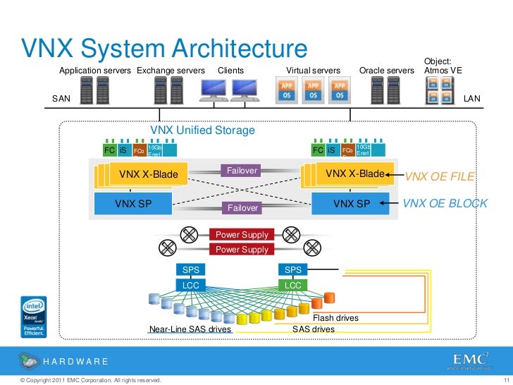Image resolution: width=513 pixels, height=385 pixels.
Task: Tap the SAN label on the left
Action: (61, 99)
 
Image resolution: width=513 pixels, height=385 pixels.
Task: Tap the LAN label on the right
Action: (471, 99)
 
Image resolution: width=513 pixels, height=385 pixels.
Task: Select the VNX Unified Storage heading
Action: (202, 130)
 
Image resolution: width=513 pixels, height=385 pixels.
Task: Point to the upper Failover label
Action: (241, 171)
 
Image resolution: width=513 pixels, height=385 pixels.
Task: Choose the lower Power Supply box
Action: (242, 250)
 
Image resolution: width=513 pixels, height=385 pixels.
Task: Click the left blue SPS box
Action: (192, 270)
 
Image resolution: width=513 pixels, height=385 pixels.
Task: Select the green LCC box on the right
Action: (292, 285)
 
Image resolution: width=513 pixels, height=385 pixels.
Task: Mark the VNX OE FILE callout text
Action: (440, 176)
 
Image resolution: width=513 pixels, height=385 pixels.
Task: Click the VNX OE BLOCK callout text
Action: (445, 203)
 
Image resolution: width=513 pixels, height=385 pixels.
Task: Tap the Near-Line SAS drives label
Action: (190, 329)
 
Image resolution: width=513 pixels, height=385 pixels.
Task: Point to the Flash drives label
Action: (335, 318)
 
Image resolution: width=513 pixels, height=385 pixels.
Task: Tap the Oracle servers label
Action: (387, 71)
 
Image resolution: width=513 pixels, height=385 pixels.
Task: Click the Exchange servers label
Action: (171, 71)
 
